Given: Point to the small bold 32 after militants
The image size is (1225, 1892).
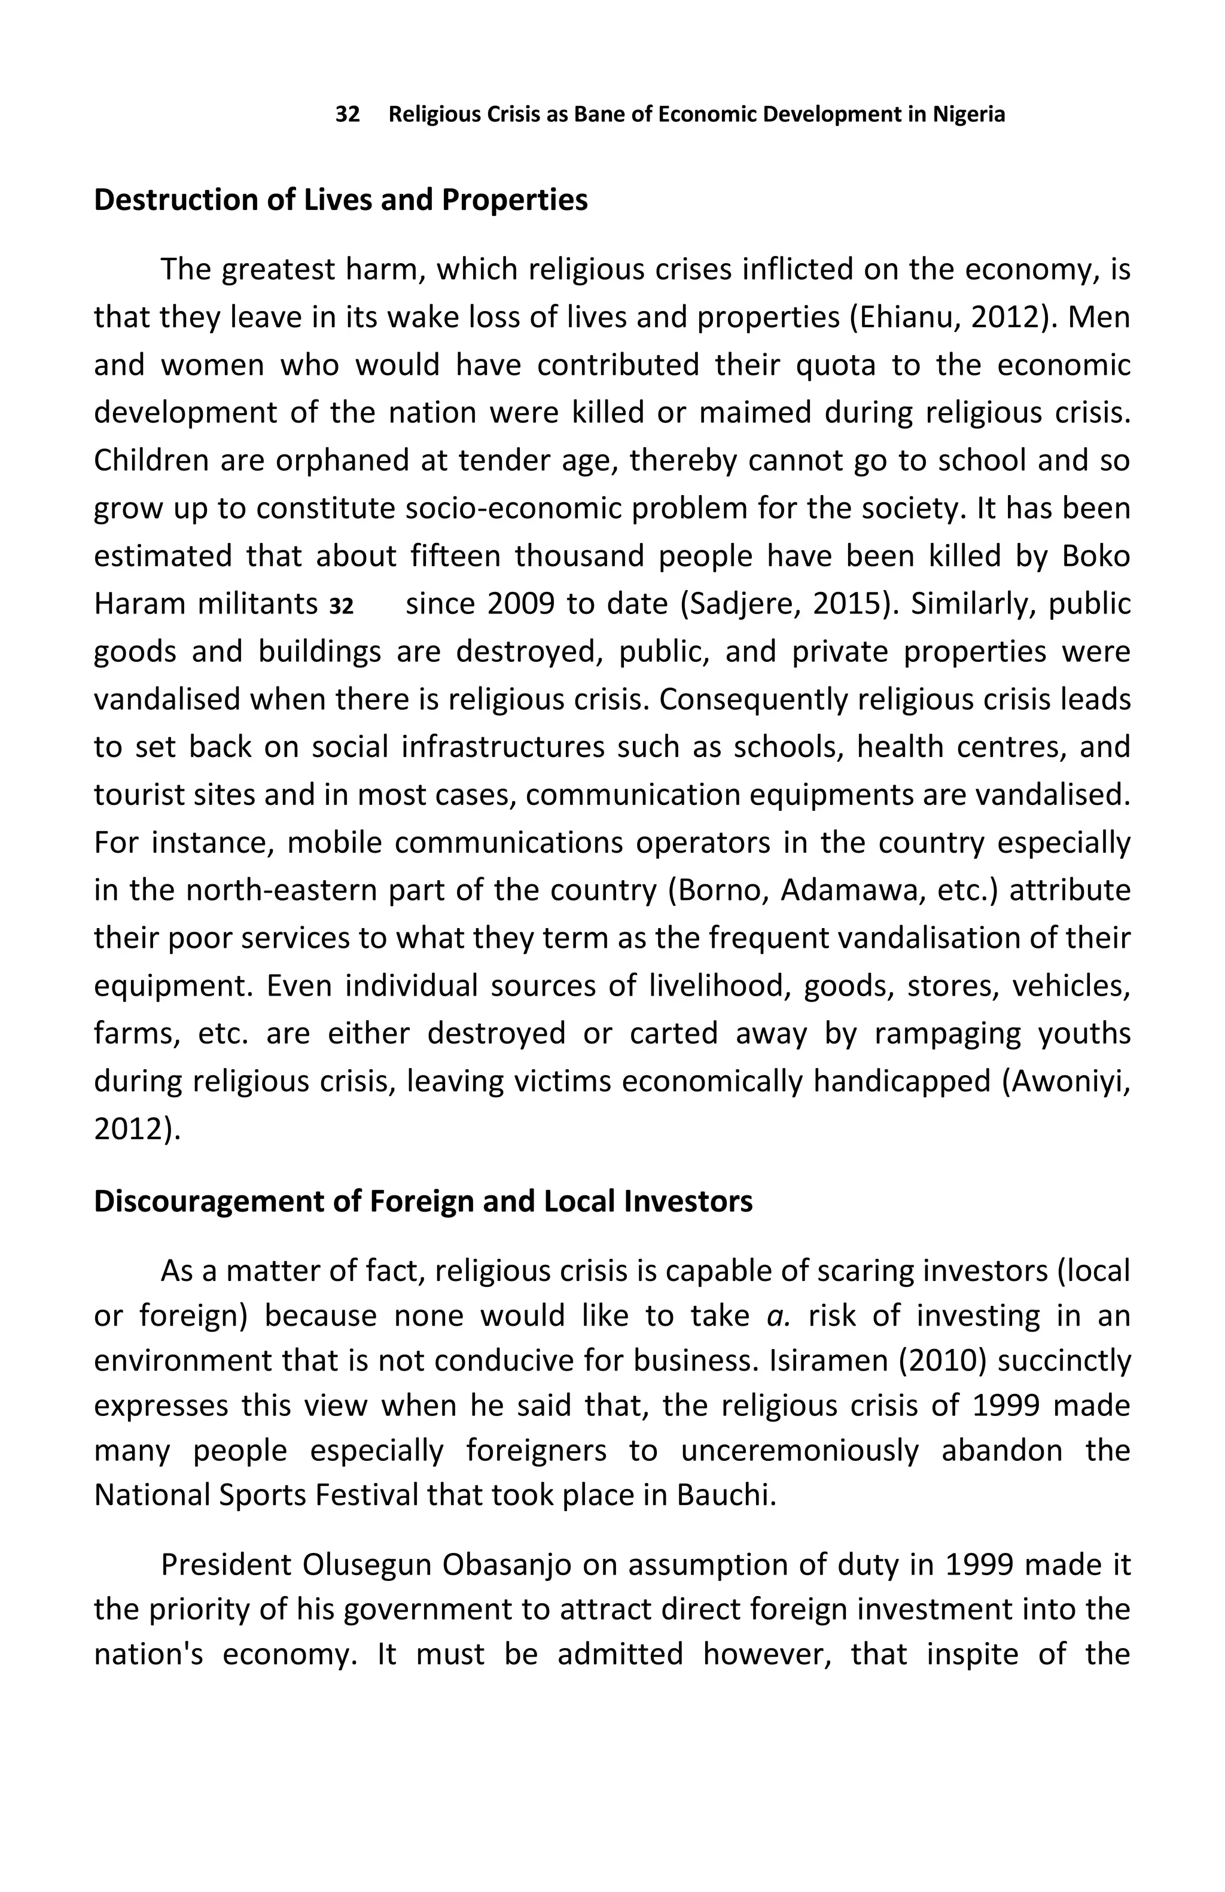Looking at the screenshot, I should tap(341, 606).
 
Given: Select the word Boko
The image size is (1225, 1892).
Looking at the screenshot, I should tap(1096, 557).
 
